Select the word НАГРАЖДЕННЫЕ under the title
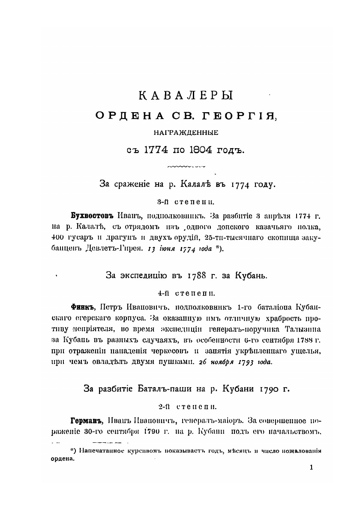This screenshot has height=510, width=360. pos(180,133)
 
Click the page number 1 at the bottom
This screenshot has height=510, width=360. pos(311,468)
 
